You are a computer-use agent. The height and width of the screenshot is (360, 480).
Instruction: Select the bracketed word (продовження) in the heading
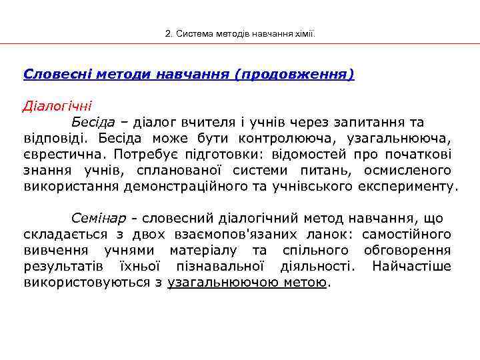(294, 73)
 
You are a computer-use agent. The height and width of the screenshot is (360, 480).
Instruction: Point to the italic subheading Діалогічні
(57, 106)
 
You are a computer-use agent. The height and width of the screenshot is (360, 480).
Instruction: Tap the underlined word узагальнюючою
(219, 282)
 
